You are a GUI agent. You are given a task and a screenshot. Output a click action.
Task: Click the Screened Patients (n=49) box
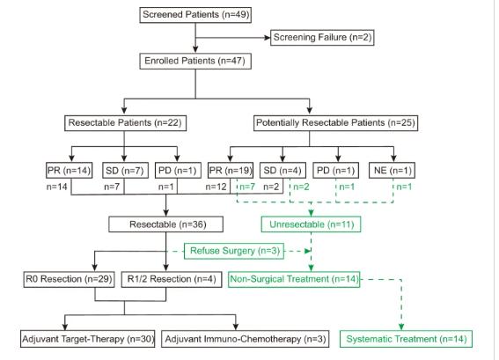195,15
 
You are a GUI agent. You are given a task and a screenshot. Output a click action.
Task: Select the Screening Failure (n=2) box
322,38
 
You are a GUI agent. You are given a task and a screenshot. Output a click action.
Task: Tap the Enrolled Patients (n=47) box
195,61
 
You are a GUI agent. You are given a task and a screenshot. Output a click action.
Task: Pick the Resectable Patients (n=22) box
125,123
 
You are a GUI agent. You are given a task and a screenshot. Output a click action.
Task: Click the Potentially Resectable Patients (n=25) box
335,123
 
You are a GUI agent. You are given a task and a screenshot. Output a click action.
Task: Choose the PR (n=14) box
69,170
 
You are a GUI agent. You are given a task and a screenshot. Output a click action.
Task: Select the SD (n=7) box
125,170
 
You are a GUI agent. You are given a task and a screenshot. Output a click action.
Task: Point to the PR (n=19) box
231,170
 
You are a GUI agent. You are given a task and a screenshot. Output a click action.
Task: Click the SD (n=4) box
283,170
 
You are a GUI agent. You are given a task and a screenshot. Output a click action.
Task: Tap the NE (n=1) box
393,170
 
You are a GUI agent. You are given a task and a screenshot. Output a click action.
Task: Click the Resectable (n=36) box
165,224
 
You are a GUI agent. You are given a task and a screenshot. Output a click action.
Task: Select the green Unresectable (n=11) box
311,224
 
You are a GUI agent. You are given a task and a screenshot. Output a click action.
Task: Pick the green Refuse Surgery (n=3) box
234,251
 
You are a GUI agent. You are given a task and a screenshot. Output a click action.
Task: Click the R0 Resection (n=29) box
69,280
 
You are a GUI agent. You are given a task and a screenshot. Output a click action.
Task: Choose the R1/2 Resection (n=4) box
172,280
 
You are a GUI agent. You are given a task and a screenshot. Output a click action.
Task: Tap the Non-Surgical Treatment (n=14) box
294,280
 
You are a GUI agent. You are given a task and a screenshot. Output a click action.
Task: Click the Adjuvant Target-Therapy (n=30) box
88,339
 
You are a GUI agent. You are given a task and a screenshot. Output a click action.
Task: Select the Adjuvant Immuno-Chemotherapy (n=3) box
246,339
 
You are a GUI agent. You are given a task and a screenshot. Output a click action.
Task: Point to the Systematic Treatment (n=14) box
406,339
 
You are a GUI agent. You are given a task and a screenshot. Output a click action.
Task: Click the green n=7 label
247,187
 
